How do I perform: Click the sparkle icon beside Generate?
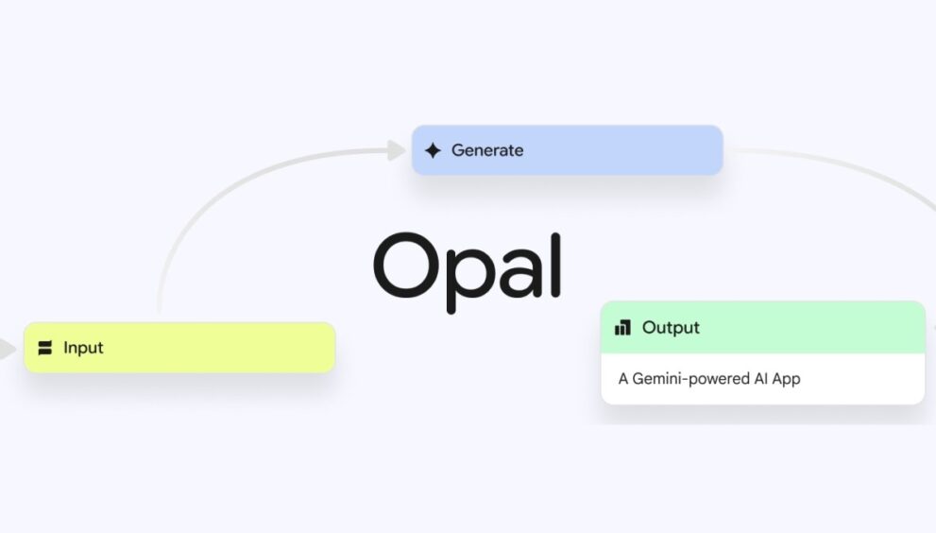[433, 150]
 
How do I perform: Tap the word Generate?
[487, 150]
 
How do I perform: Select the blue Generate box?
[567, 150]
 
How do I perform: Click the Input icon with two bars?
[44, 348]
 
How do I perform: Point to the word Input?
[83, 348]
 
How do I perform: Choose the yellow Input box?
[179, 348]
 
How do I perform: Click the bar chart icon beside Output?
[622, 327]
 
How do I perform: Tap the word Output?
[671, 327]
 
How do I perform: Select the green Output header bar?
[763, 327]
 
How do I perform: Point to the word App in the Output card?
[786, 379]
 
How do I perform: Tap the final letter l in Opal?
[555, 265]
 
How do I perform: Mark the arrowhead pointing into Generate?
[396, 150]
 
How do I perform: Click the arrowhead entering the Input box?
[8, 349]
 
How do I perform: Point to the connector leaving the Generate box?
[847, 168]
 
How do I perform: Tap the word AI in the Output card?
[760, 379]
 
